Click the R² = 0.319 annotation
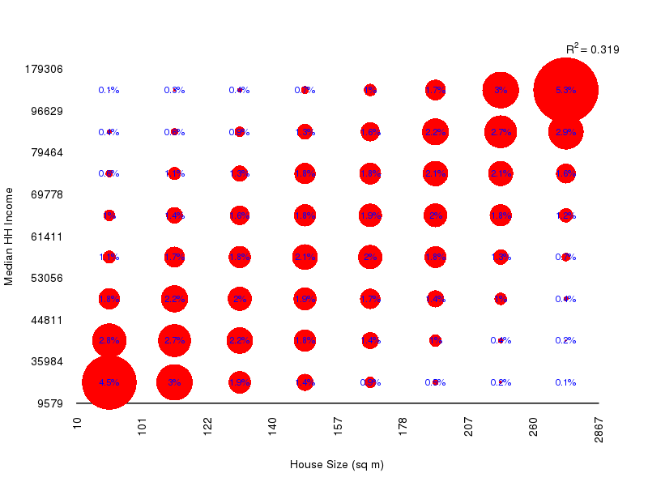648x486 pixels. click(592, 49)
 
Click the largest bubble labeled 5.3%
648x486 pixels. click(566, 90)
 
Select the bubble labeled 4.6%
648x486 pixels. click(109, 382)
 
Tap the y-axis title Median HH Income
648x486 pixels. click(10, 236)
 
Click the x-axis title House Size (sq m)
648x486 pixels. click(337, 465)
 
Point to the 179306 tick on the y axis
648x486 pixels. click(45, 69)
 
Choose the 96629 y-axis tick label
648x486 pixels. click(47, 111)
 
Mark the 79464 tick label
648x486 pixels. click(47, 152)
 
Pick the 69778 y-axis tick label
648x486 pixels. click(47, 194)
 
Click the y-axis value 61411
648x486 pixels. click(47, 237)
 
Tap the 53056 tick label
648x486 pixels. click(47, 278)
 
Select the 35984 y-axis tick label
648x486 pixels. click(47, 361)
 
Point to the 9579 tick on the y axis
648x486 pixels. click(50, 403)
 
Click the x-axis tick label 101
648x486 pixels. click(143, 427)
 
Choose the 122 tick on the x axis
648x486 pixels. click(208, 427)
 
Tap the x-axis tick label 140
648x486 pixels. click(273, 427)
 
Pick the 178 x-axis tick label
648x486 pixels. click(403, 427)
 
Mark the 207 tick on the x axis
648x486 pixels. click(469, 427)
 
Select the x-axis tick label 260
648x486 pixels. click(534, 427)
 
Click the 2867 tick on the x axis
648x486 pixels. click(599, 429)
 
